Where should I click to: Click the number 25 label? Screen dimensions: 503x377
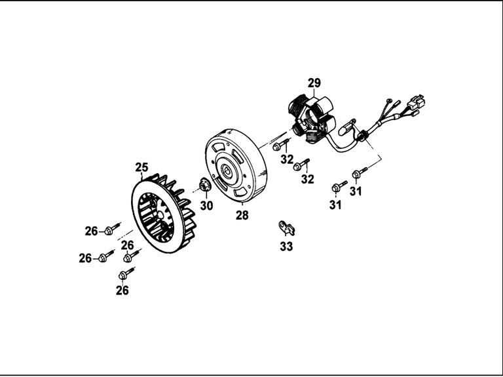pyautogui.click(x=141, y=167)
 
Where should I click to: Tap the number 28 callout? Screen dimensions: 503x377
pyautogui.click(x=242, y=215)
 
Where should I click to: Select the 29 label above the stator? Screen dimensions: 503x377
pyautogui.click(x=314, y=83)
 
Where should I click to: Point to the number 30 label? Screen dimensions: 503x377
pyautogui.click(x=206, y=205)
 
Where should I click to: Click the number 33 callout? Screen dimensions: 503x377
pyautogui.click(x=286, y=247)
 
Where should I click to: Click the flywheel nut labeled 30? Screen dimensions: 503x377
pyautogui.click(x=204, y=185)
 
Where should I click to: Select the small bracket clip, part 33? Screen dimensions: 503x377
pyautogui.click(x=286, y=228)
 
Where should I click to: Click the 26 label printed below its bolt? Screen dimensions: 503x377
pyautogui.click(x=122, y=290)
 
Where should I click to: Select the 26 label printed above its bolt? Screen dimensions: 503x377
pyautogui.click(x=127, y=245)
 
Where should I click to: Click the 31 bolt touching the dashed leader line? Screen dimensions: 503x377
pyautogui.click(x=360, y=172)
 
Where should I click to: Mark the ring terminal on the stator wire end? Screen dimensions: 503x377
pyautogui.click(x=390, y=101)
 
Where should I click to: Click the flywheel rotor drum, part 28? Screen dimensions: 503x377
pyautogui.click(x=236, y=167)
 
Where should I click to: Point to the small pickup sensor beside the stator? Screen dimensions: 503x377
pyautogui.click(x=346, y=127)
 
